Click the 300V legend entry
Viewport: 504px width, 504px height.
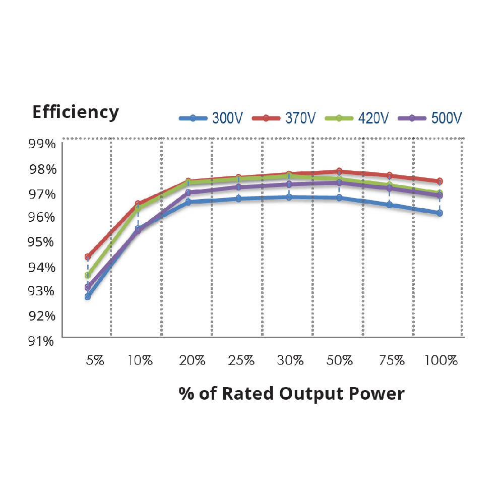click(211, 118)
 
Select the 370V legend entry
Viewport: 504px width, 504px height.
click(284, 118)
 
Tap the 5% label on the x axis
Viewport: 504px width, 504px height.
click(94, 361)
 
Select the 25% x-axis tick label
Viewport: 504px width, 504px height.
click(241, 361)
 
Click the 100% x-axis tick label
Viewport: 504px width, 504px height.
click(440, 361)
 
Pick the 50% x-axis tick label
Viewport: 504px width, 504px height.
click(340, 361)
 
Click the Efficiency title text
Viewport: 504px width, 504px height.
click(76, 112)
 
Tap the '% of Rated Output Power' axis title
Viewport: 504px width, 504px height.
click(291, 394)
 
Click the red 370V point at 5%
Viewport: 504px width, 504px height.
click(88, 257)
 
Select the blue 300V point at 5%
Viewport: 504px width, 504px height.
click(88, 297)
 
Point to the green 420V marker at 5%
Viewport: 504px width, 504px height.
click(88, 275)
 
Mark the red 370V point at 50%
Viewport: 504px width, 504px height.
click(339, 171)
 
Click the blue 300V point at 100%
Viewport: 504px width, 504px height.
click(439, 213)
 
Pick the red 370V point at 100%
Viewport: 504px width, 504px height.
click(439, 181)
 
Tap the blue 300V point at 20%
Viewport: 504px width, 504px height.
click(188, 202)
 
